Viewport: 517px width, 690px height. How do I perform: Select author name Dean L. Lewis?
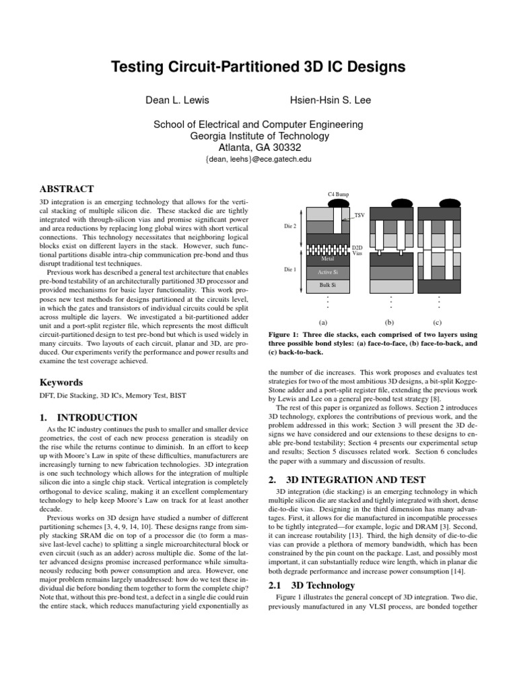pyautogui.click(x=178, y=100)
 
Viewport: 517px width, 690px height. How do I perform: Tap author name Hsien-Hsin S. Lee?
pyautogui.click(x=330, y=100)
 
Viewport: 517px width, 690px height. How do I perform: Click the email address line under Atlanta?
pyautogui.click(x=259, y=160)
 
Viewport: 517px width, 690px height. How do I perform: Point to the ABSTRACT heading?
pyautogui.click(x=67, y=189)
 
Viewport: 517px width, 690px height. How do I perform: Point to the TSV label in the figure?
pyautogui.click(x=359, y=216)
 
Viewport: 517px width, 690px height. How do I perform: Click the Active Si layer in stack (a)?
pyautogui.click(x=329, y=272)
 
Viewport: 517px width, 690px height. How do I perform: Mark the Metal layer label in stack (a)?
pyautogui.click(x=329, y=258)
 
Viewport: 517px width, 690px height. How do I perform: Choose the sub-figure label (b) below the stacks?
pyautogui.click(x=389, y=322)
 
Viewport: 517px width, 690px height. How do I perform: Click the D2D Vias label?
pyautogui.click(x=357, y=251)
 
